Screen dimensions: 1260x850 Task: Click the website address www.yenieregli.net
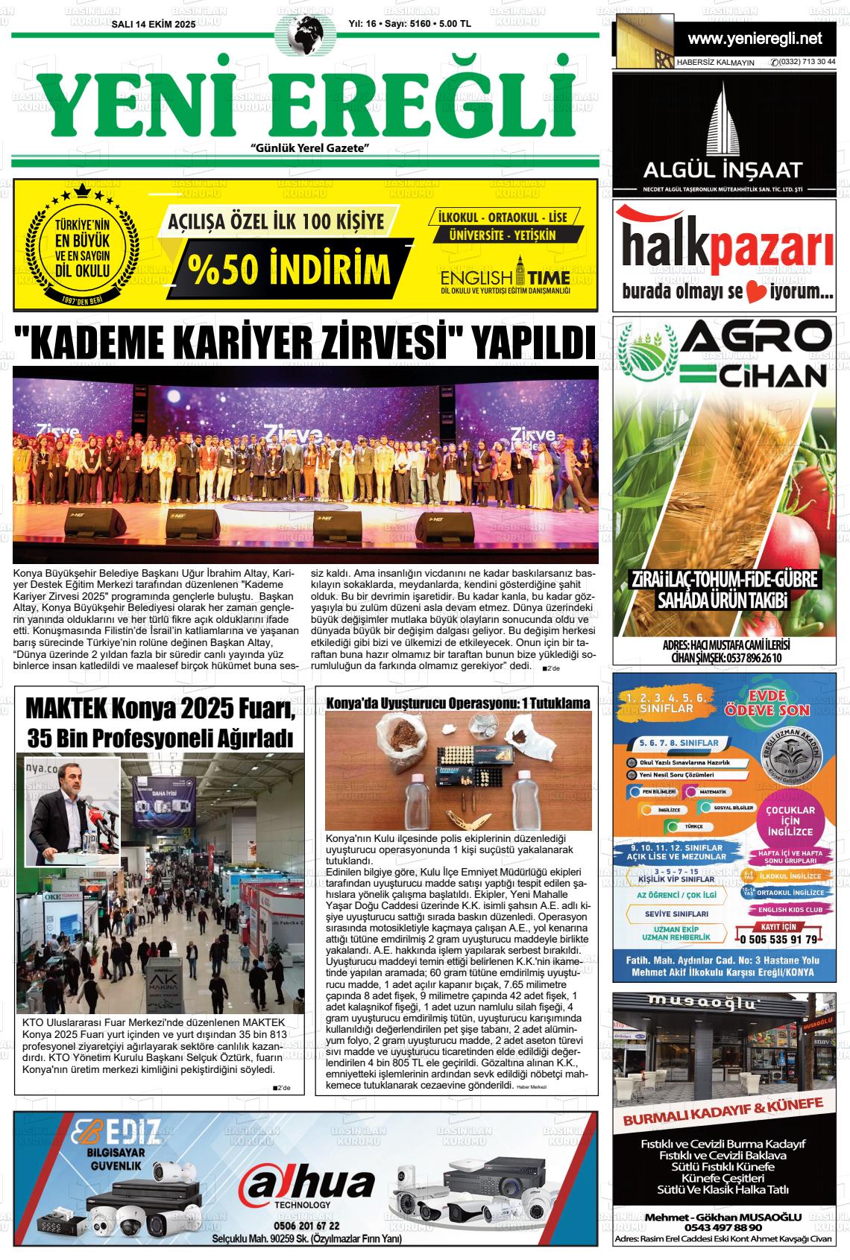coord(755,38)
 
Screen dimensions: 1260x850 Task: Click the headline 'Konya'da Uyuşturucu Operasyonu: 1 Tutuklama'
coord(459,703)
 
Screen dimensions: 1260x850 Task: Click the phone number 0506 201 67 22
coord(306,1225)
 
